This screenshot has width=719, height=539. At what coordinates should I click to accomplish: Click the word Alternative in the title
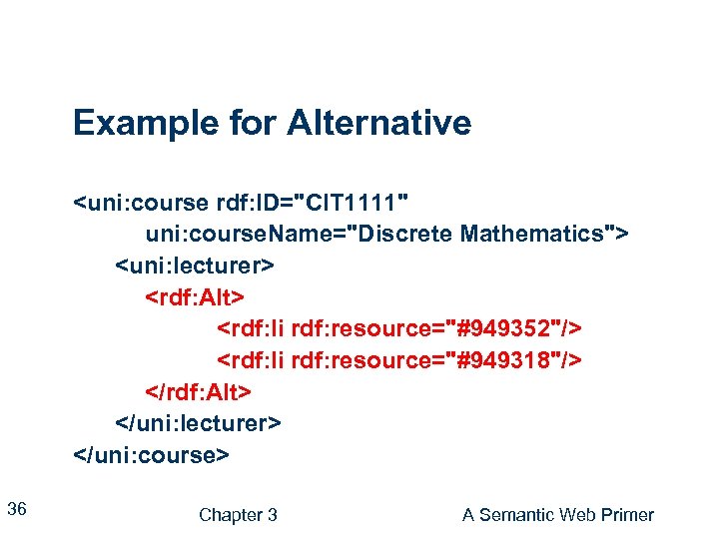[x=378, y=124]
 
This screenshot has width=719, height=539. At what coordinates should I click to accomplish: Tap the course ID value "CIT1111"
[x=359, y=205]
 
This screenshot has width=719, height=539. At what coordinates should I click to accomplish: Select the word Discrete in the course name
[x=406, y=235]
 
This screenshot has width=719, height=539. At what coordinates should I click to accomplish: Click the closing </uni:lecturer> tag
[x=199, y=422]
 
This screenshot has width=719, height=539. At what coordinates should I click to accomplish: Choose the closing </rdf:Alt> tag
[x=199, y=390]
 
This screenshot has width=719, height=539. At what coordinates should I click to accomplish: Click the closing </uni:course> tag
[x=152, y=454]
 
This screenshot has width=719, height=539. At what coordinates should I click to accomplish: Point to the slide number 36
[x=16, y=510]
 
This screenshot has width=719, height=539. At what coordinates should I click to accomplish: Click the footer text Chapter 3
[x=238, y=515]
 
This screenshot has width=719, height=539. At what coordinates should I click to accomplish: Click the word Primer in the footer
[x=628, y=515]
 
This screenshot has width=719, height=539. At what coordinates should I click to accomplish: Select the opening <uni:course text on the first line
[x=140, y=205]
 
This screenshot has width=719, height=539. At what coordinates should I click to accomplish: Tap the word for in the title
[x=254, y=124]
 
